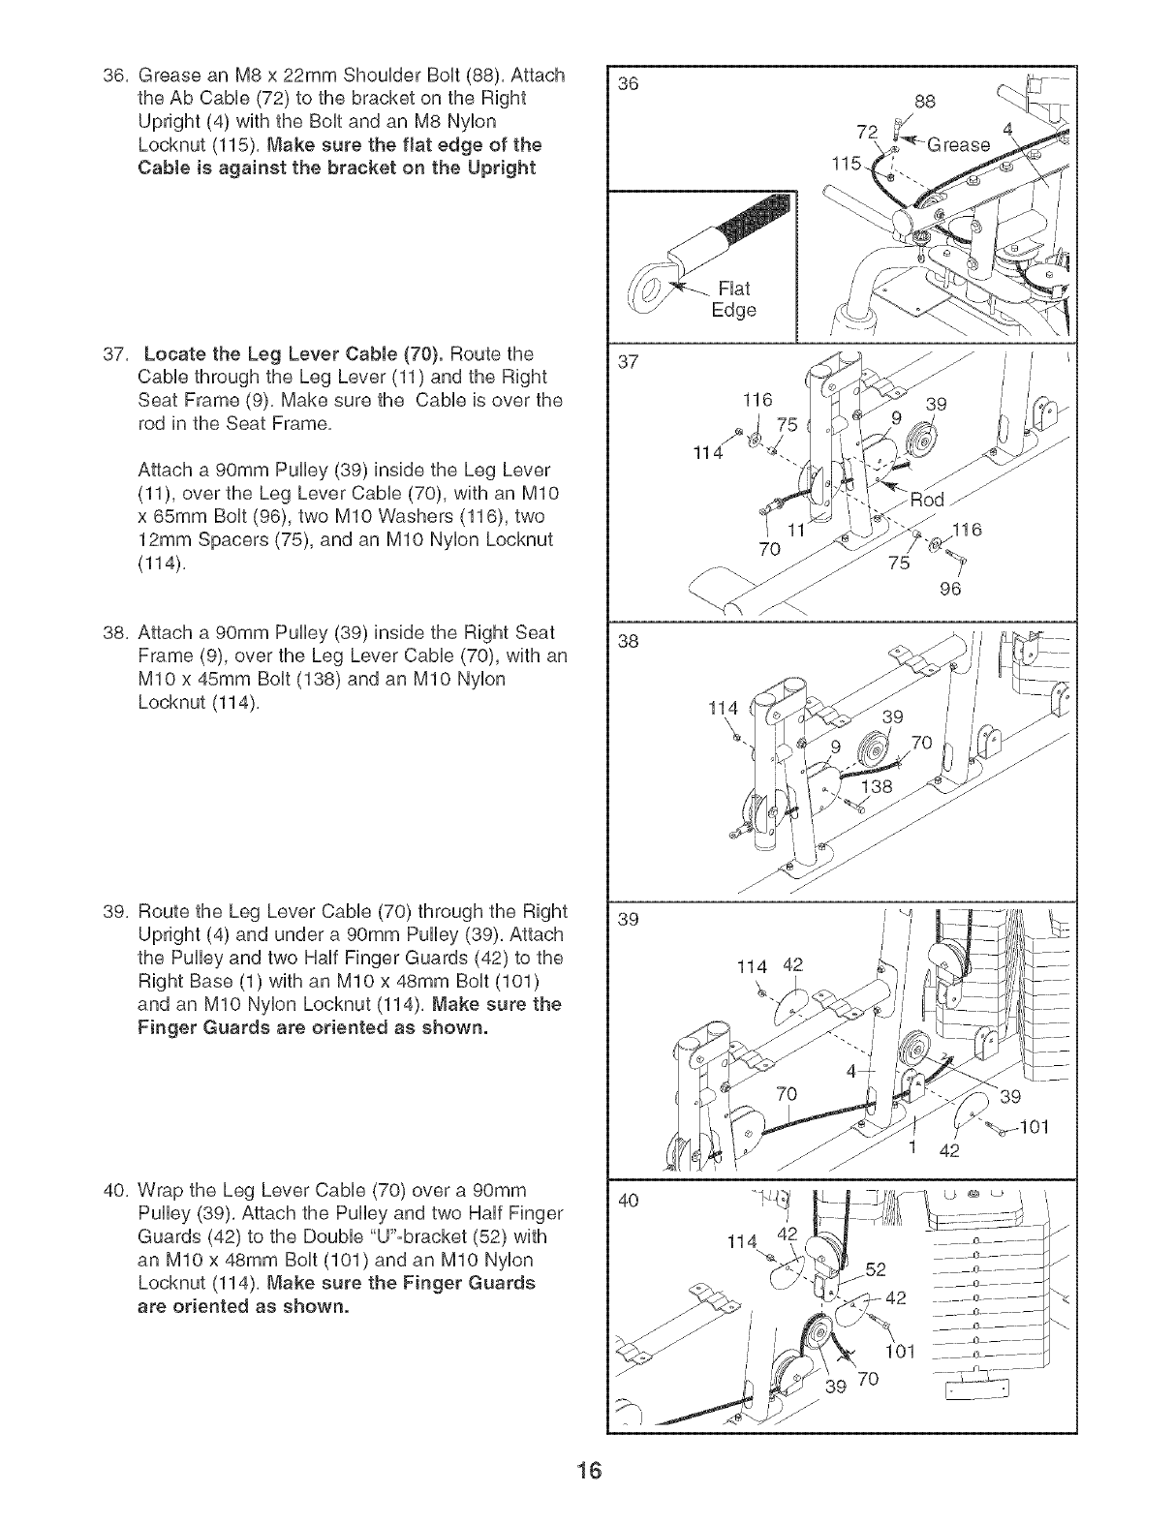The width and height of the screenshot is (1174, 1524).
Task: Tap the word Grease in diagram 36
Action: [x=960, y=145]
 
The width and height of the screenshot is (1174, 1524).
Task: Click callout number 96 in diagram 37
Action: [x=949, y=589]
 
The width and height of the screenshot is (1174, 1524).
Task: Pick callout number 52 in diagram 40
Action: [x=876, y=1269]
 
